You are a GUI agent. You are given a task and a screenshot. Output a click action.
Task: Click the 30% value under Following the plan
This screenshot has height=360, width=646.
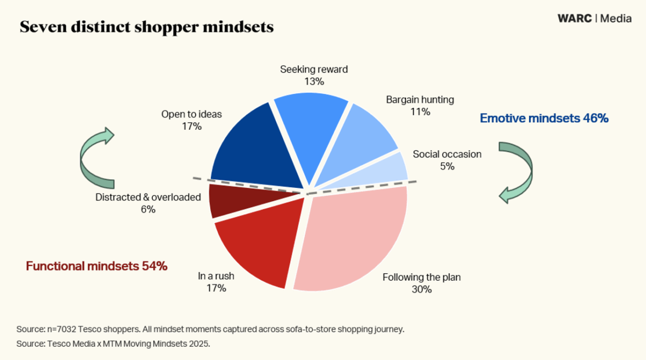pos(421,289)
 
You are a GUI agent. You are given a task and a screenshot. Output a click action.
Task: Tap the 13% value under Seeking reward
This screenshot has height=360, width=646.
pos(314,81)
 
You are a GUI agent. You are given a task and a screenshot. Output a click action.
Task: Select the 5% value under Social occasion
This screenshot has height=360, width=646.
pos(447,166)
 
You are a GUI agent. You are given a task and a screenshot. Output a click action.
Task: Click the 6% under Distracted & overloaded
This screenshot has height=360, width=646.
pos(148,209)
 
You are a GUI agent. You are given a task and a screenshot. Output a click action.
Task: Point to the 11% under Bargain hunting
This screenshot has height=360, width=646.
pos(420,112)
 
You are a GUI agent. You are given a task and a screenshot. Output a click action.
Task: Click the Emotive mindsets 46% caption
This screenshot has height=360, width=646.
pos(544,118)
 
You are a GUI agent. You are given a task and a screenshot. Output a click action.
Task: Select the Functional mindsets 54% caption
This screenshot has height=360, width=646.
pos(97,267)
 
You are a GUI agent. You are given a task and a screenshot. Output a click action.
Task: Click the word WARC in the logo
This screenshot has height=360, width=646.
pos(574,18)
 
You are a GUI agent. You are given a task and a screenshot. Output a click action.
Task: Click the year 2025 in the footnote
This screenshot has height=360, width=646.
pos(198,344)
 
